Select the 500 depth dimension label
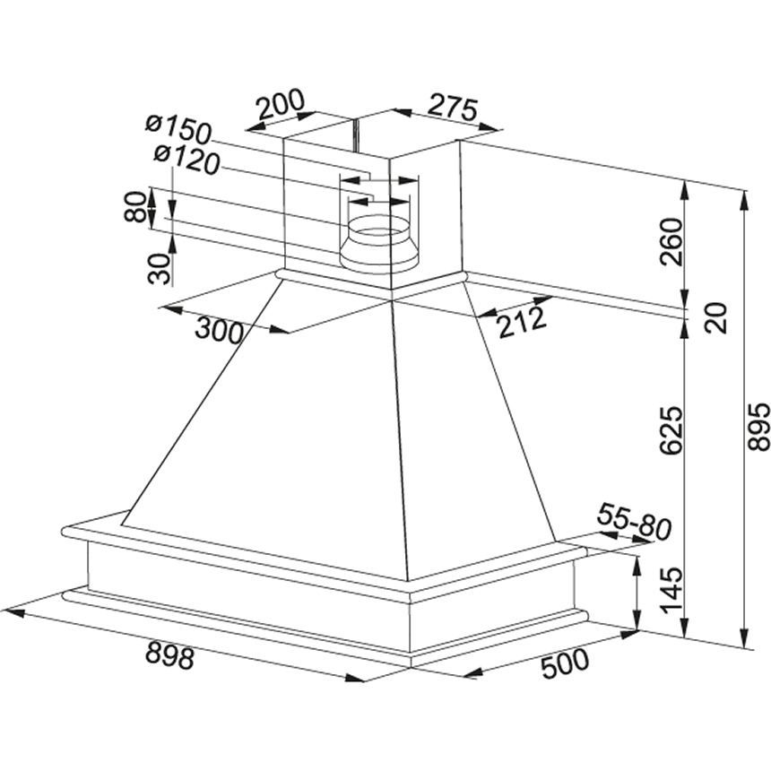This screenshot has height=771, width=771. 564,663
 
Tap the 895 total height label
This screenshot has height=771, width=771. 758,427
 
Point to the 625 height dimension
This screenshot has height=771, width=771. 671,429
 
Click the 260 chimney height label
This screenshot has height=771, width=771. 671,242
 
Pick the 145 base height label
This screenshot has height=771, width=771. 671,591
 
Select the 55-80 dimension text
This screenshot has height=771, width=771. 634,522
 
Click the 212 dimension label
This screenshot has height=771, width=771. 521,323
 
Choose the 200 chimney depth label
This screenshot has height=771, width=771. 281,105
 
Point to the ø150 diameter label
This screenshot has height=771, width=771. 178,130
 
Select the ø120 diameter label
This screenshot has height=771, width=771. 186,160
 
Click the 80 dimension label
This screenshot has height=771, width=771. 134,206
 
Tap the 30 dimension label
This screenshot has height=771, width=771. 159,268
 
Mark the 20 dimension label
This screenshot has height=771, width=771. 715,318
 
